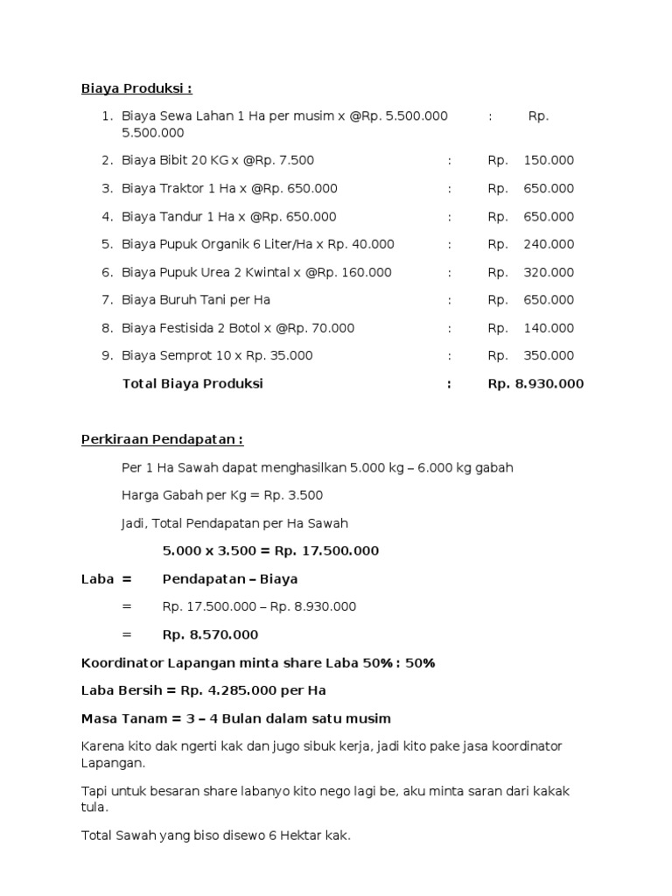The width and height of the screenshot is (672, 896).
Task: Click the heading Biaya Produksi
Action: pyautogui.click(x=136, y=88)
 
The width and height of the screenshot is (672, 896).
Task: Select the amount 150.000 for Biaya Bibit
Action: pyautogui.click(x=549, y=161)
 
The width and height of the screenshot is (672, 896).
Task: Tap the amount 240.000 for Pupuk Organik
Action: pyautogui.click(x=549, y=245)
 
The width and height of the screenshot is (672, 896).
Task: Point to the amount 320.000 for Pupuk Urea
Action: pyautogui.click(x=549, y=273)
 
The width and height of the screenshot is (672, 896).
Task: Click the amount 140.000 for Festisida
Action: pyautogui.click(x=549, y=329)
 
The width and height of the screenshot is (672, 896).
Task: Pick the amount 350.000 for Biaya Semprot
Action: pyautogui.click(x=549, y=356)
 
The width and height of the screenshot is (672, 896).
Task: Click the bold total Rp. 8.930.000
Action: pyautogui.click(x=535, y=384)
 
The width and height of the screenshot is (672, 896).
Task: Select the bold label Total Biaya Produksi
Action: pyautogui.click(x=192, y=384)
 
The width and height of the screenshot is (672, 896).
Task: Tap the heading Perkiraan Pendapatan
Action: pyautogui.click(x=162, y=439)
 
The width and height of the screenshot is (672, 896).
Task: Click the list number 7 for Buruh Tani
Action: pyautogui.click(x=107, y=300)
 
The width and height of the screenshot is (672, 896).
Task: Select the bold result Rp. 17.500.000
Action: pyautogui.click(x=326, y=551)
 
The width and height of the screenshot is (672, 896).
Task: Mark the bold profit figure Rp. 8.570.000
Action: pyautogui.click(x=210, y=635)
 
